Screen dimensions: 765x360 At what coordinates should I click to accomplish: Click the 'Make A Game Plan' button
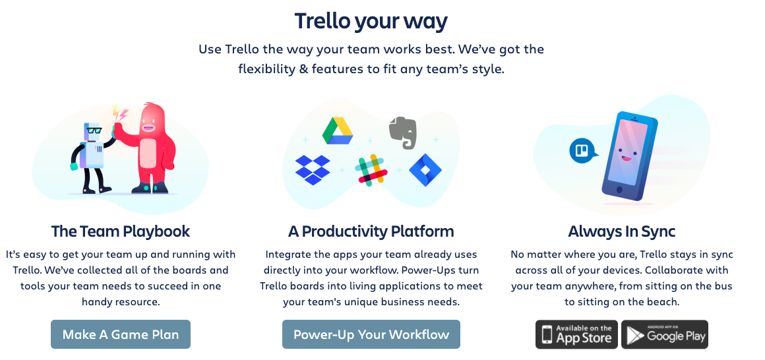(121, 334)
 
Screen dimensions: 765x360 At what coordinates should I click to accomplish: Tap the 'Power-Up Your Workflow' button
(371, 334)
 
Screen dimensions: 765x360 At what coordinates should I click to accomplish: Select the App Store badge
(576, 334)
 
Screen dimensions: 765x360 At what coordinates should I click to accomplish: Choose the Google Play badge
(665, 334)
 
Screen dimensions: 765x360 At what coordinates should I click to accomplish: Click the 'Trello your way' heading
(371, 21)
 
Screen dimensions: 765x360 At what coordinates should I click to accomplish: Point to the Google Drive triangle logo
(338, 131)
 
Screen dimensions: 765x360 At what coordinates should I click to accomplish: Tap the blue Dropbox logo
(313, 169)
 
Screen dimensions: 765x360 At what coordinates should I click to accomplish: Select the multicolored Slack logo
(371, 170)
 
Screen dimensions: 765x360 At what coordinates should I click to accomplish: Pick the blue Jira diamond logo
(425, 169)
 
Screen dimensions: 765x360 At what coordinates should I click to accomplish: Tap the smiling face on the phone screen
(625, 154)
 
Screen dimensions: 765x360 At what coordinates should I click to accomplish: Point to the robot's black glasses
(94, 131)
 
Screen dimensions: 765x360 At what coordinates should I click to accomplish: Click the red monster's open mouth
(148, 129)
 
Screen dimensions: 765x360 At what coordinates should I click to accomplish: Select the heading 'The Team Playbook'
(121, 231)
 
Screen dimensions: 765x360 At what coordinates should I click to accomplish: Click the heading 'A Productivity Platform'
(371, 231)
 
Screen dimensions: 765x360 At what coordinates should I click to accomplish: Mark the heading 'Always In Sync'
(621, 231)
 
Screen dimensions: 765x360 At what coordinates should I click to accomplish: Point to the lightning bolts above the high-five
(120, 113)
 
